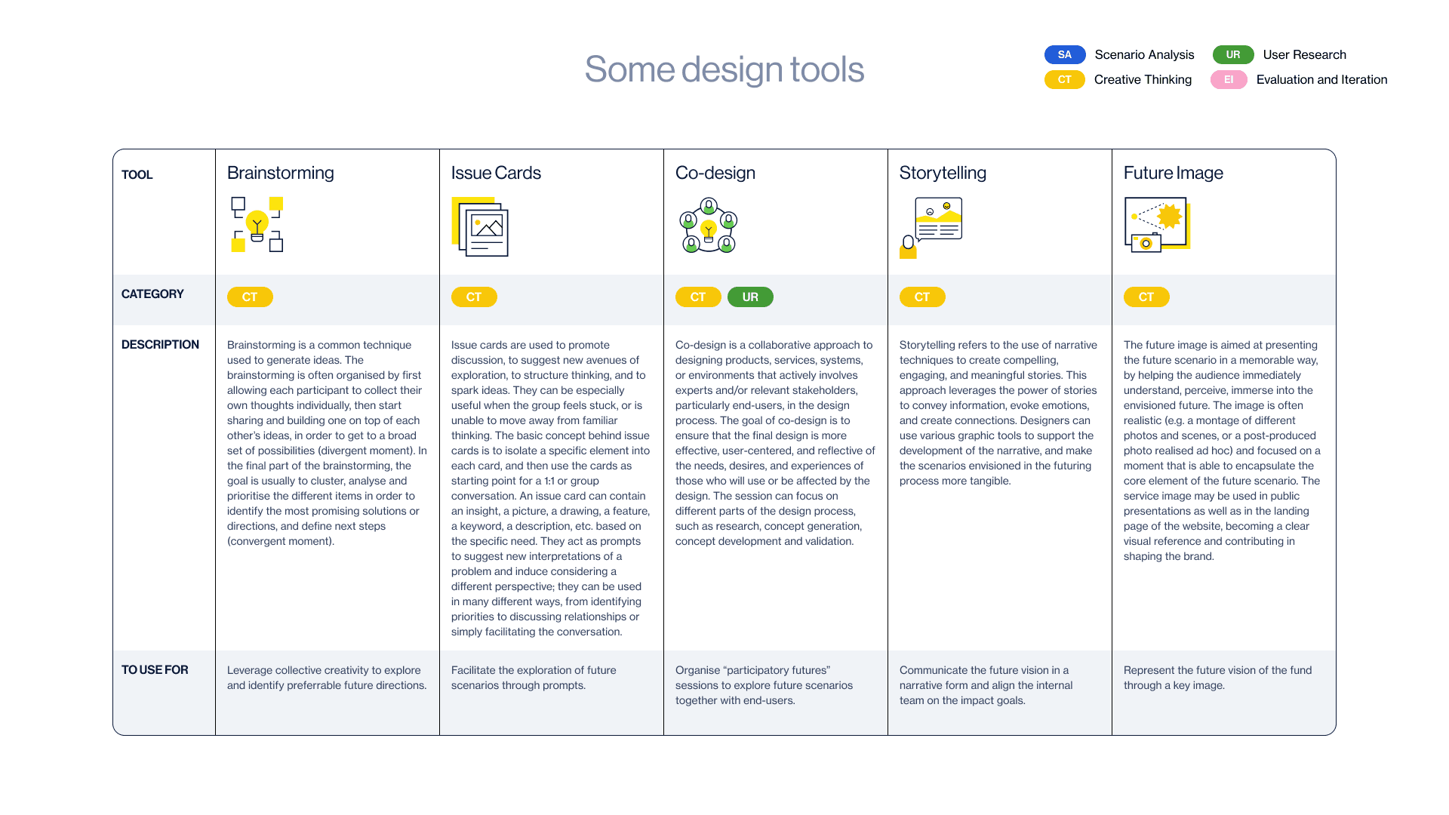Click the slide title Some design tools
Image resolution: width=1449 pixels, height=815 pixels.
pyautogui.click(x=724, y=69)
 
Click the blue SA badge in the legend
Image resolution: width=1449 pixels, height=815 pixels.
pyautogui.click(x=1064, y=54)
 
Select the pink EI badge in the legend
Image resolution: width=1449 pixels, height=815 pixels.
pyautogui.click(x=1228, y=79)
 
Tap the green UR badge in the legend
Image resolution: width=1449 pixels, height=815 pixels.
pyautogui.click(x=1232, y=54)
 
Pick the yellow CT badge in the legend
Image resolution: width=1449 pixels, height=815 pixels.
pyautogui.click(x=1064, y=79)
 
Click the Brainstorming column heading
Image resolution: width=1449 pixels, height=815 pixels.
pyautogui.click(x=280, y=173)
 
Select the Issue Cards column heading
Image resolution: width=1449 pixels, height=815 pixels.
pyautogui.click(x=496, y=173)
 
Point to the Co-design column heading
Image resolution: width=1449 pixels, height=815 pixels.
pyautogui.click(x=715, y=173)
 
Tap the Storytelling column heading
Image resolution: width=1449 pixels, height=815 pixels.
pyautogui.click(x=943, y=173)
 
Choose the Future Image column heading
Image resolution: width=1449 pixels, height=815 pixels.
pyautogui.click(x=1173, y=173)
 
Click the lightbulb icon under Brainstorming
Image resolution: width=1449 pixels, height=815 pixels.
pyautogui.click(x=257, y=224)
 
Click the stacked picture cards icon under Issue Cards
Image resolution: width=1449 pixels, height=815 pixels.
pyautogui.click(x=481, y=227)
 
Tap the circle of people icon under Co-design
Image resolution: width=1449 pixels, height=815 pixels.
pyautogui.click(x=708, y=226)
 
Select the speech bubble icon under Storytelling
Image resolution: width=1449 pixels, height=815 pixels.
pyautogui.click(x=938, y=219)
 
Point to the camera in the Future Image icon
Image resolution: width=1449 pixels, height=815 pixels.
pyautogui.click(x=1146, y=243)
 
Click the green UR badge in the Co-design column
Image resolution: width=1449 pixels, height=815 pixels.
pyautogui.click(x=749, y=297)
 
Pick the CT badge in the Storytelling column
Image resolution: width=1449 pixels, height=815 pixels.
pyautogui.click(x=921, y=297)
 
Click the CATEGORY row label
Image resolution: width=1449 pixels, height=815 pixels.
pyautogui.click(x=152, y=294)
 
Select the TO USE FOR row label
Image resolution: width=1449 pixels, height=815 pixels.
pyautogui.click(x=155, y=670)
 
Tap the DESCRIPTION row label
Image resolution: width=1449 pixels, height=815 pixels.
pyautogui.click(x=160, y=345)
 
